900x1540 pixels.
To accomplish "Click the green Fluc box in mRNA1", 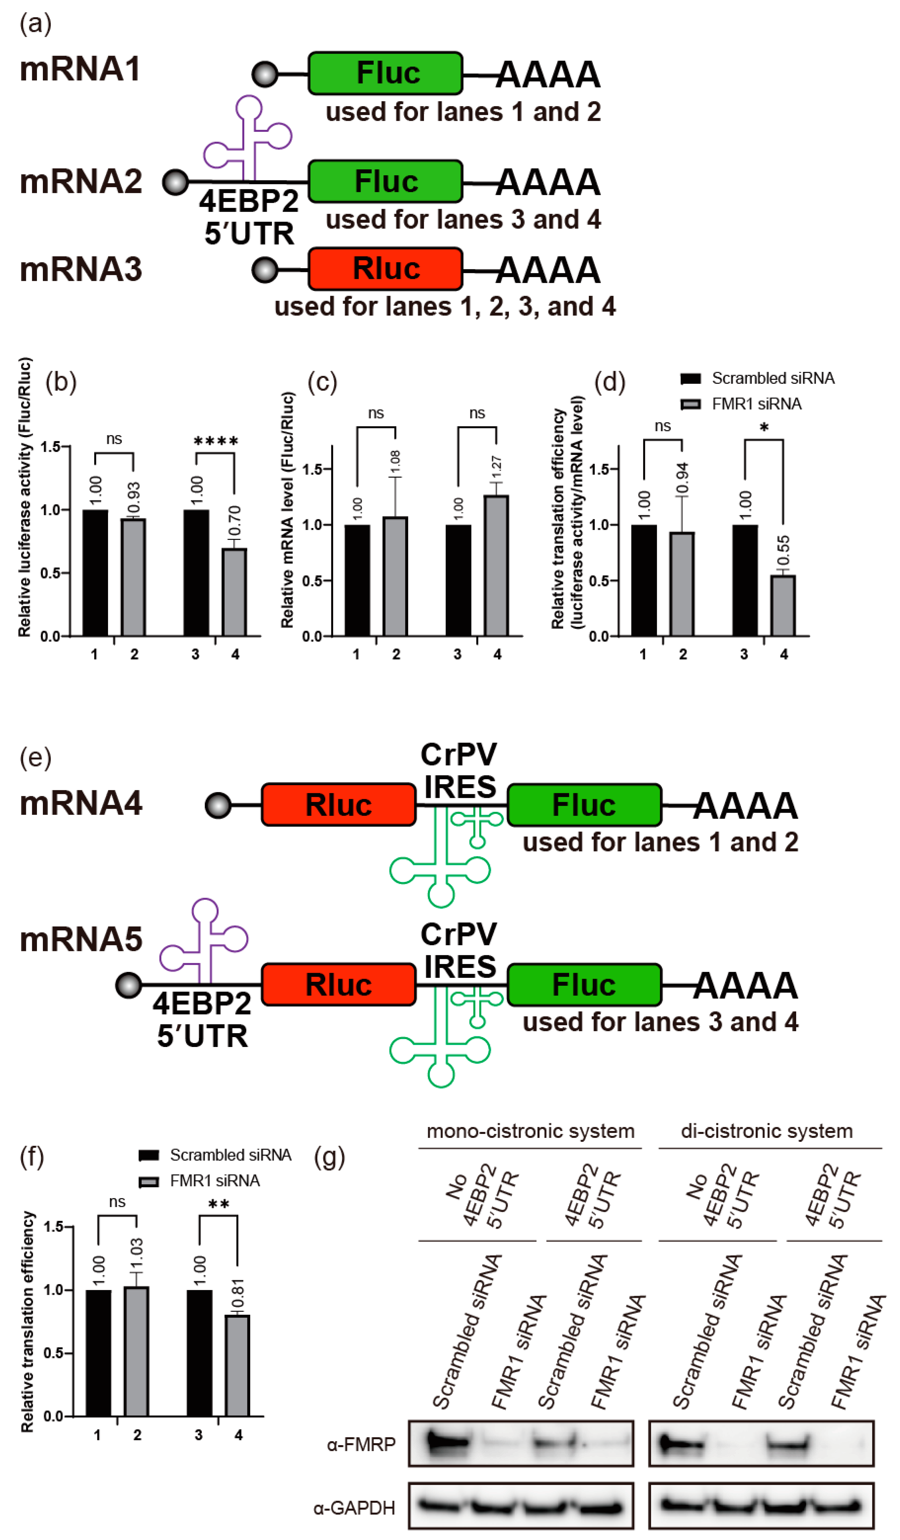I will pyautogui.click(x=385, y=73).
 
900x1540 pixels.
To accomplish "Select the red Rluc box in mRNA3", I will pyautogui.click(x=385, y=269).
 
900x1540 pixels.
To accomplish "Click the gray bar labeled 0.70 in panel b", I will pyautogui.click(x=234, y=592).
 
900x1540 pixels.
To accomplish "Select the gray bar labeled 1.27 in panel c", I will pyautogui.click(x=496, y=565).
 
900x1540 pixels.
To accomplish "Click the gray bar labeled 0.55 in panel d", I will pyautogui.click(x=783, y=605).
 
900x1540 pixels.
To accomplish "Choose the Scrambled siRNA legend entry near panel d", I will pyautogui.click(x=758, y=378).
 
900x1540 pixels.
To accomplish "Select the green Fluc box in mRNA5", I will pyautogui.click(x=584, y=985).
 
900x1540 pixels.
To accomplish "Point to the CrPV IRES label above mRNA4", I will pyautogui.click(x=459, y=771).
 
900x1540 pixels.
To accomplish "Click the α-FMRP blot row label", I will pyautogui.click(x=361, y=1444).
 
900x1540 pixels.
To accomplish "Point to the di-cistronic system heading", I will pyautogui.click(x=767, y=1131).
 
